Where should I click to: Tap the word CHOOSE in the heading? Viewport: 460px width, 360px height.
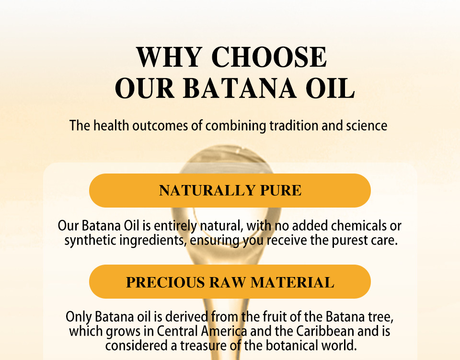(x=269, y=57)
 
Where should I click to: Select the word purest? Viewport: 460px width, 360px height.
(x=352, y=240)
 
